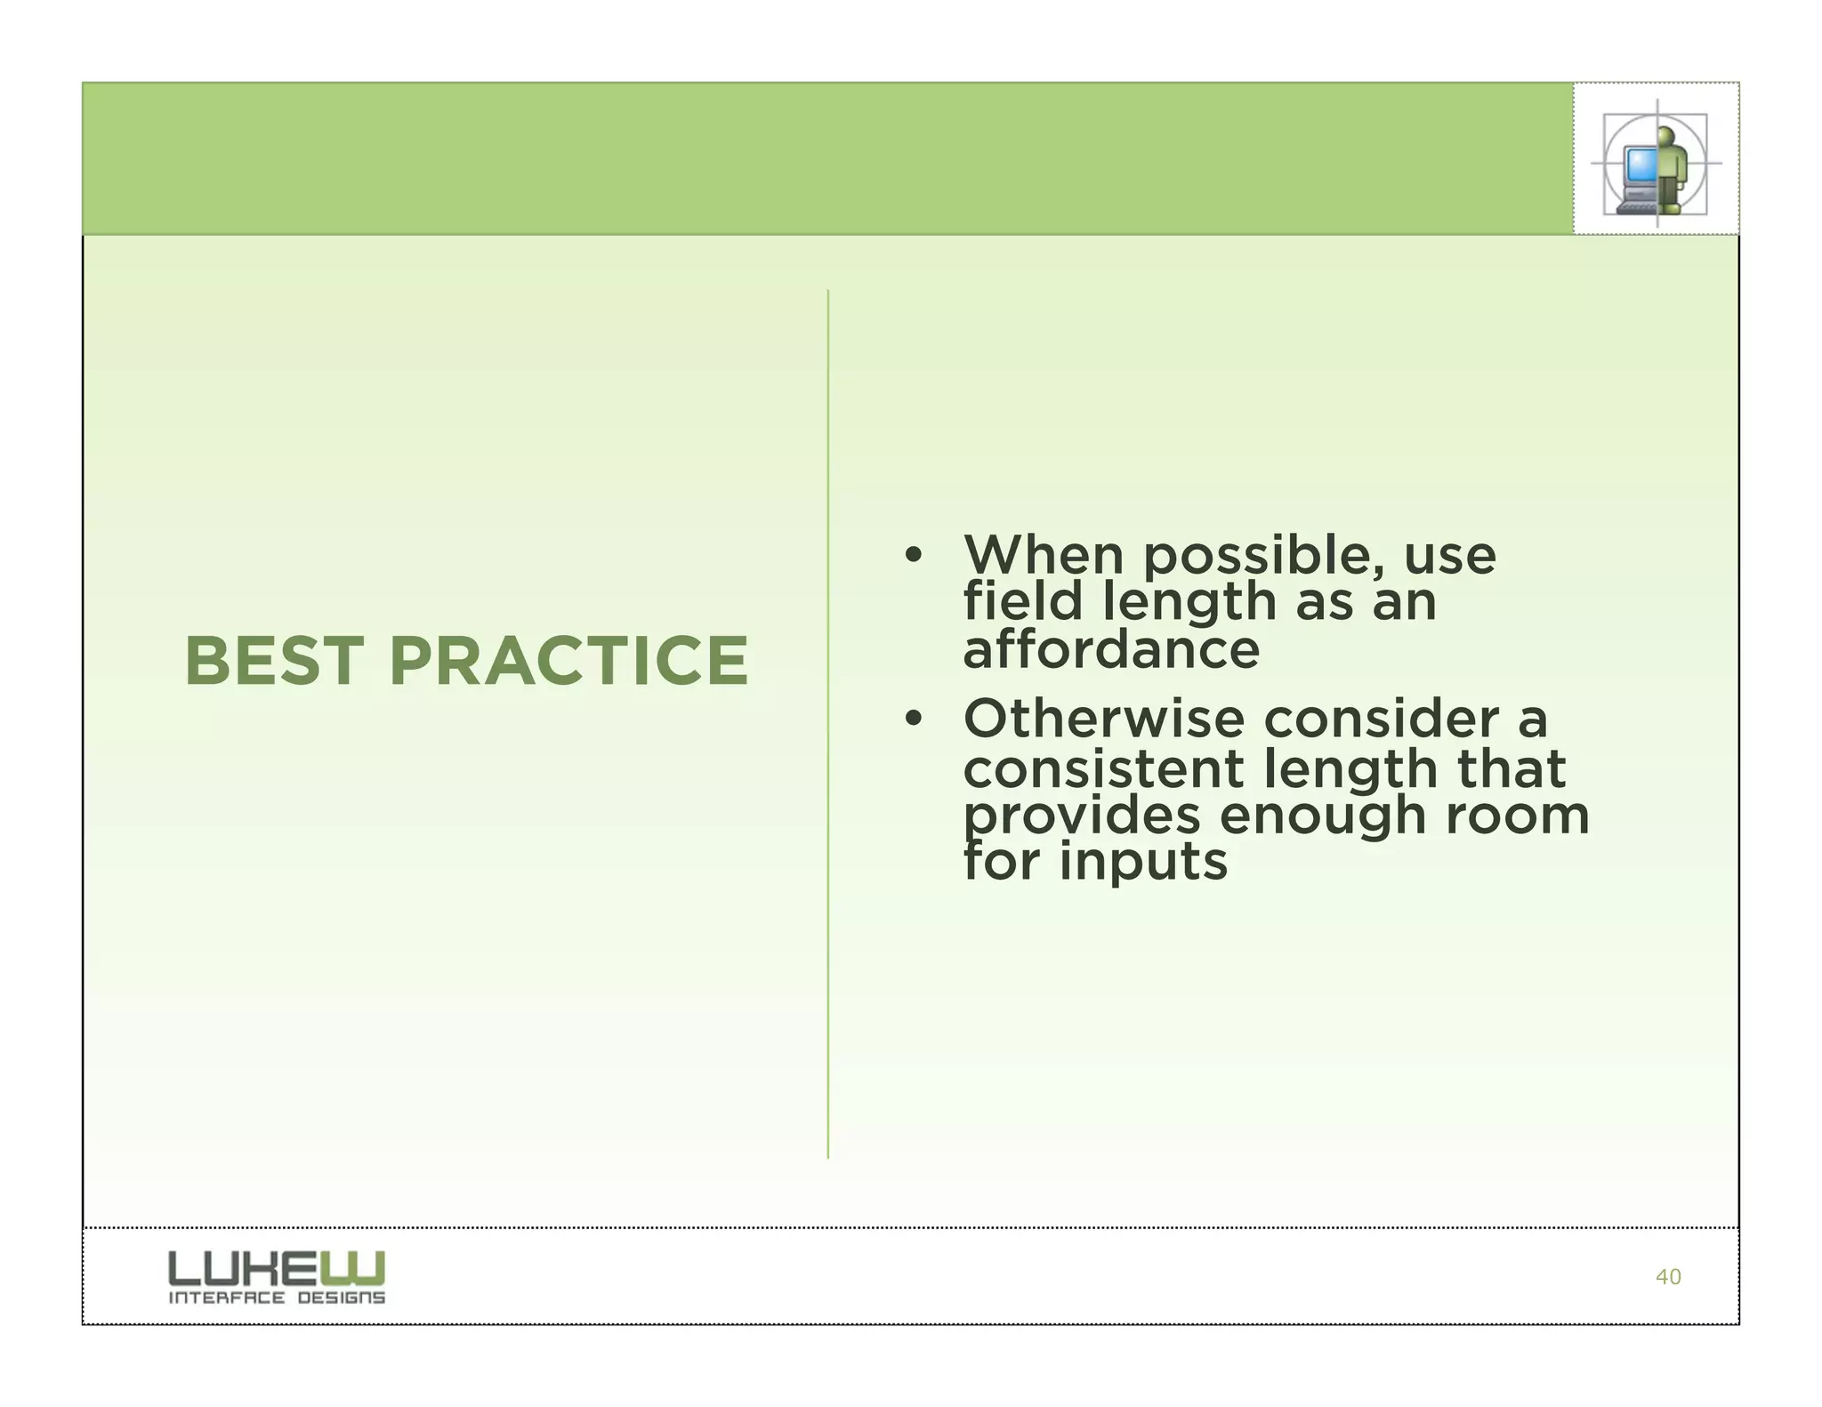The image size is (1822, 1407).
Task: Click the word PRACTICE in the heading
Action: click(568, 662)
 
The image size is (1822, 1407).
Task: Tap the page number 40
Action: click(1667, 1277)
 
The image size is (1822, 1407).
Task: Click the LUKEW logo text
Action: click(277, 1268)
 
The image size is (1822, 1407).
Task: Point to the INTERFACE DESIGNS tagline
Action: click(277, 1298)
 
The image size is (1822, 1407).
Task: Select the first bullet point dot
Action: click(912, 556)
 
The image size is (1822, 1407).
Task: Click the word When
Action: click(1044, 556)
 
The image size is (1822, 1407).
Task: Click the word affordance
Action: click(1110, 650)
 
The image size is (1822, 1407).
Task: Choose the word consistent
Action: click(1102, 768)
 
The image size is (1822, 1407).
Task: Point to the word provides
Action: click(1081, 817)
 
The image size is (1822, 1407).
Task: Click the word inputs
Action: click(1143, 864)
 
